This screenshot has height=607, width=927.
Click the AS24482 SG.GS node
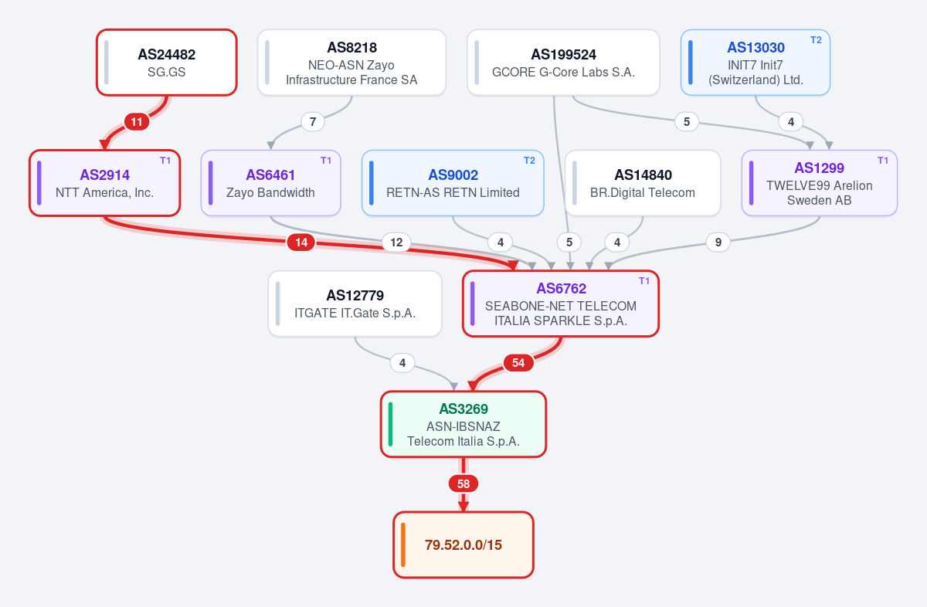(x=167, y=63)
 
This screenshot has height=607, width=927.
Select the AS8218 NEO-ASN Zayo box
(x=351, y=63)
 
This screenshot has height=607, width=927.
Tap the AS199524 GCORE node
(x=563, y=63)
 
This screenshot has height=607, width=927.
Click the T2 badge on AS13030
(x=816, y=40)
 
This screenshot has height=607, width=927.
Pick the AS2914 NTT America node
(x=105, y=183)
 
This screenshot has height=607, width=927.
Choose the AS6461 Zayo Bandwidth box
(x=270, y=183)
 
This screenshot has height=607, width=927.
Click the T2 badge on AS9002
(x=529, y=161)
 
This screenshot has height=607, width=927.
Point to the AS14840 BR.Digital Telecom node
(x=643, y=183)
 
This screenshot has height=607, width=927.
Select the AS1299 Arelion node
(x=820, y=183)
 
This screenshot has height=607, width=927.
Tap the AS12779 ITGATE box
(x=355, y=303)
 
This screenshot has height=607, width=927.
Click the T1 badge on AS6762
(x=644, y=281)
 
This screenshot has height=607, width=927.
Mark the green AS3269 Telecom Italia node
(x=463, y=424)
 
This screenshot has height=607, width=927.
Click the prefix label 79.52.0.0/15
(x=463, y=545)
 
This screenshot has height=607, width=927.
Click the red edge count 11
(x=137, y=122)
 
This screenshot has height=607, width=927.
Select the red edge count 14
(x=301, y=242)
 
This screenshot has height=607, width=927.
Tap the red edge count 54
(x=518, y=363)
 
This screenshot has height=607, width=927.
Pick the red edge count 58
(x=463, y=483)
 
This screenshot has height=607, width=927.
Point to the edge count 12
(x=396, y=242)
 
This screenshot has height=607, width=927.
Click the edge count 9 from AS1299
(x=718, y=242)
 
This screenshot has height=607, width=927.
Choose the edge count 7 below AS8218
(x=313, y=122)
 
